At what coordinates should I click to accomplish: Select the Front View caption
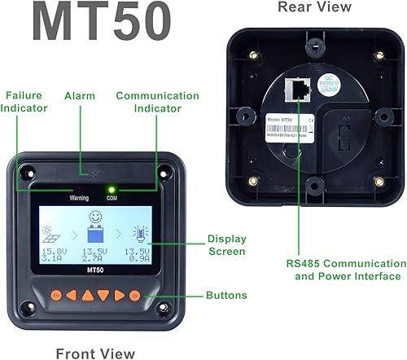pos(94,353)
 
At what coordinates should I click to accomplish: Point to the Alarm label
pos(81,95)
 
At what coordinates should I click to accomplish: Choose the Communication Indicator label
pos(157,101)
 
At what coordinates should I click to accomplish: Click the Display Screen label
pos(226,245)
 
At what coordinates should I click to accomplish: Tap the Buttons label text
pos(227,295)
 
